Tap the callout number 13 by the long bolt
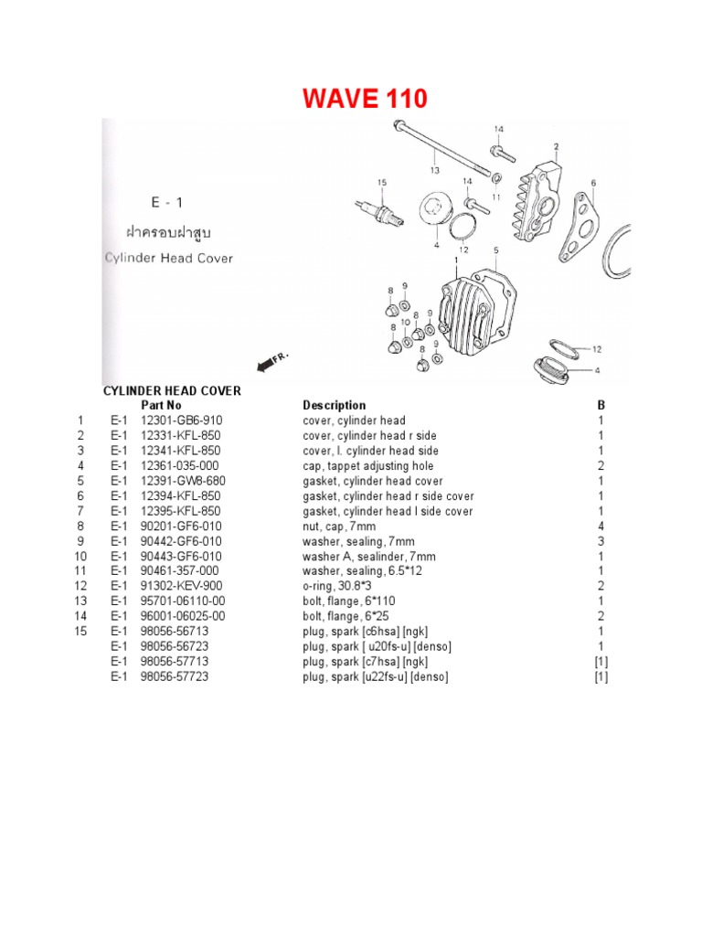click(x=435, y=170)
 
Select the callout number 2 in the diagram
click(x=556, y=146)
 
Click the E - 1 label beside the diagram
click(x=168, y=202)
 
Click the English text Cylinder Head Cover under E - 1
click(x=167, y=258)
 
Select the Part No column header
click(x=161, y=405)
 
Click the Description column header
click(x=334, y=405)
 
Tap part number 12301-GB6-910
click(x=182, y=420)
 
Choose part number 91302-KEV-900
click(x=182, y=586)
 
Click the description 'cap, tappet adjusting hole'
click(x=368, y=466)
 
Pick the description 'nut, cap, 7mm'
click(x=339, y=526)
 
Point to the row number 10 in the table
click(x=80, y=557)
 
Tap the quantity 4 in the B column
click(x=601, y=526)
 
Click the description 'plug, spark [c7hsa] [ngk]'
click(x=366, y=662)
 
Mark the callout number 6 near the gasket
click(x=593, y=183)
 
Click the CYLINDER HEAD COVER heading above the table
click(x=172, y=390)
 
